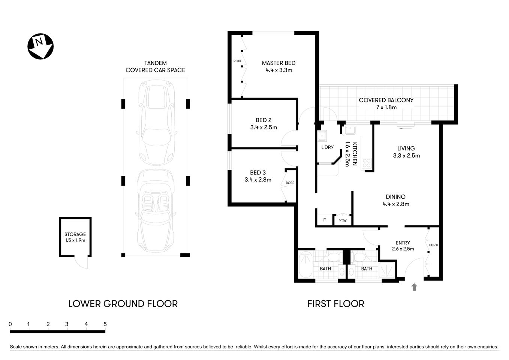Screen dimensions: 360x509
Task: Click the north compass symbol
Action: pos(40,47)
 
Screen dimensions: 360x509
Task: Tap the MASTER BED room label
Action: pos(278,63)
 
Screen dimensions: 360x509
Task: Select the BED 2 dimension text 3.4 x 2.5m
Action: pos(263,127)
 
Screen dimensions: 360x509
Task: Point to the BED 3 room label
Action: pos(258,172)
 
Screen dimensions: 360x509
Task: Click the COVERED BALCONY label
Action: pos(386,100)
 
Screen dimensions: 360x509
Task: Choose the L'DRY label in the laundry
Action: pos(327,147)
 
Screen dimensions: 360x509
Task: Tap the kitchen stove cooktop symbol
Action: pos(366,163)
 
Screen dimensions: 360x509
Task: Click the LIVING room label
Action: pos(406,148)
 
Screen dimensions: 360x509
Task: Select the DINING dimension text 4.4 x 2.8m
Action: pos(396,204)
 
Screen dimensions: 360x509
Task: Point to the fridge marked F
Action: pos(325,220)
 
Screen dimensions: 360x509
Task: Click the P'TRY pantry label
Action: pos(343,221)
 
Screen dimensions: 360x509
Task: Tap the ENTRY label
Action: pos(403,243)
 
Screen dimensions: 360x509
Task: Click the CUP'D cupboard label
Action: pos(433,245)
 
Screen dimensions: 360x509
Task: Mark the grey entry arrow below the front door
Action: pos(414,287)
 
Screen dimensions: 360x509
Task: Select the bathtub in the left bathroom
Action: pos(306,265)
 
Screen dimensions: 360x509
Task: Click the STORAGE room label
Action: pos(75,234)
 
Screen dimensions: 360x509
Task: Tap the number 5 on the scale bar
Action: pos(105,324)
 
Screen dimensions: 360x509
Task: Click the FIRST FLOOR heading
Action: pos(335,304)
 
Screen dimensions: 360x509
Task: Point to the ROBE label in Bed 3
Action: pos(290,183)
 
